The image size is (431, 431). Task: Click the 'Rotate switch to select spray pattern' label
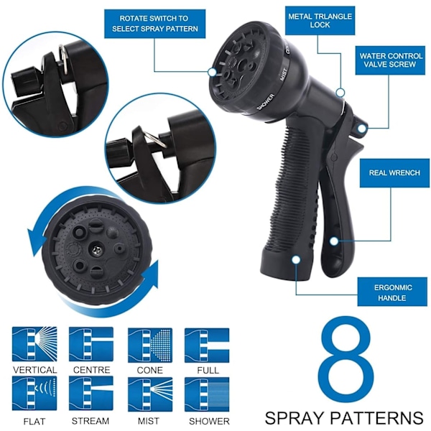pos(154,24)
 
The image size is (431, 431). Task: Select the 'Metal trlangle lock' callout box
pos(320,21)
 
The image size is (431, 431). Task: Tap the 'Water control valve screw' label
pos(390,60)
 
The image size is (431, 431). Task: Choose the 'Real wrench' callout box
pos(394,173)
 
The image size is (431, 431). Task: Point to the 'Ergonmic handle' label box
pos(392,292)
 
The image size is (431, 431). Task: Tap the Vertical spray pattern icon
pos(34,344)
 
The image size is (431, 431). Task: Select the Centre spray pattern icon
pos(91,344)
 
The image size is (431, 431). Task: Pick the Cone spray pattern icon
pos(150,345)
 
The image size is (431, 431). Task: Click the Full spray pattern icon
pos(207,345)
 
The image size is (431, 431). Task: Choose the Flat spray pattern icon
pos(34,394)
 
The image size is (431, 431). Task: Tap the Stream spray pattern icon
pos(91,394)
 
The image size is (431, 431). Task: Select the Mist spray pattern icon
pos(150,394)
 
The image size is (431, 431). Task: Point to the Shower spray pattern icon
pos(207,394)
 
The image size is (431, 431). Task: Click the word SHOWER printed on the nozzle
pos(265,102)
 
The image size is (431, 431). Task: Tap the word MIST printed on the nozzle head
pos(284,74)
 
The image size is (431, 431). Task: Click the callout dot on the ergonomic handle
pos(296,260)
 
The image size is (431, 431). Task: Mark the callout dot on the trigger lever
pos(334,241)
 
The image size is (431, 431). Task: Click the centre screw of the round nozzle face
pos(96,250)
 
